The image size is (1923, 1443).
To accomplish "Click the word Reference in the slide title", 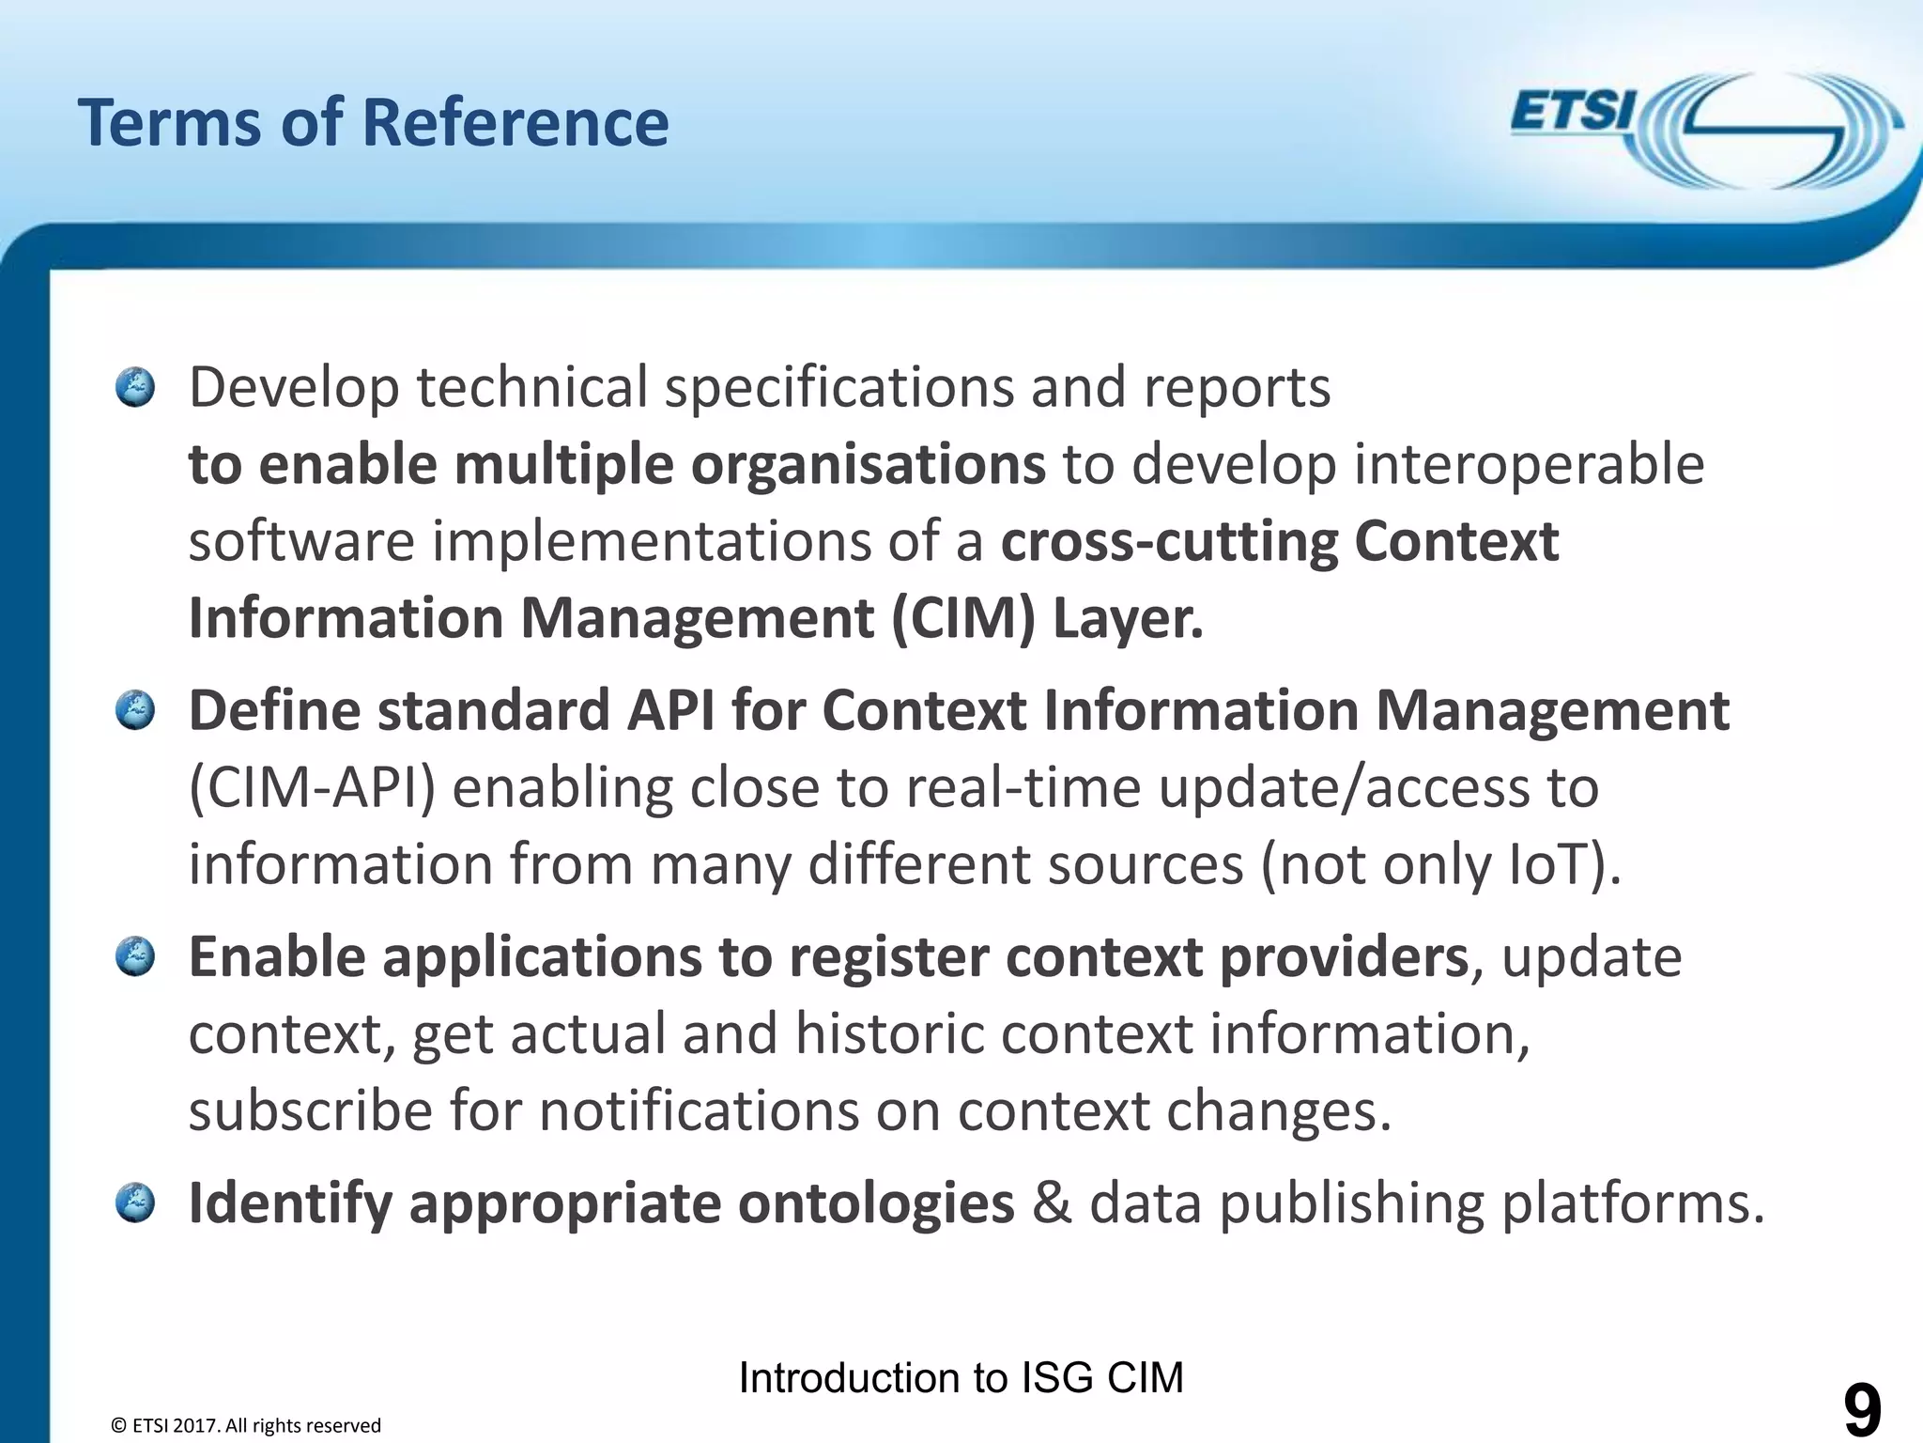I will (515, 123).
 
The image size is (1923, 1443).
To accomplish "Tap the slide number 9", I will (1862, 1410).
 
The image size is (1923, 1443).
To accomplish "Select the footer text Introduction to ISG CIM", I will (961, 1378).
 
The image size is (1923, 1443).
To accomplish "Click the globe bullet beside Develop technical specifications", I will (135, 387).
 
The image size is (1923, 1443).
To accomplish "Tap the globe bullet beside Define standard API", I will (135, 710).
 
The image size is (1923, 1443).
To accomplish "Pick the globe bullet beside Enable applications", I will (135, 957).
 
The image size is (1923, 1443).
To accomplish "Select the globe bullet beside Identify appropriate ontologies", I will (135, 1203).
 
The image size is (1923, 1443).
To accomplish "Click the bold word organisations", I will (868, 464).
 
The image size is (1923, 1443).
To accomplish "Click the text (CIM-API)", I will (313, 787).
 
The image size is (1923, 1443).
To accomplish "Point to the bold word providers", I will (1344, 957).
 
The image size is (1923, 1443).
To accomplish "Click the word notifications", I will (699, 1111).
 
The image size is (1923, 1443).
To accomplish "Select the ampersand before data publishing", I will (1051, 1203).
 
